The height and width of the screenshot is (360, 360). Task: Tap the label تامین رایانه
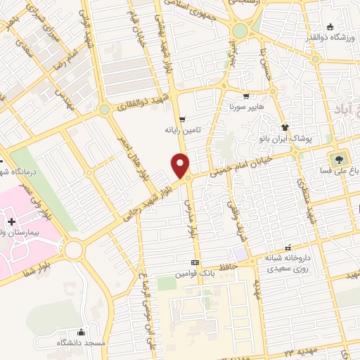click(x=183, y=130)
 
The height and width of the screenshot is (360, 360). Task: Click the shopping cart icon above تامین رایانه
click(x=182, y=120)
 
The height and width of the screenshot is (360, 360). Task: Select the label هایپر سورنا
click(x=245, y=108)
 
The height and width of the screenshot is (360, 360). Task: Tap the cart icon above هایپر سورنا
click(x=245, y=97)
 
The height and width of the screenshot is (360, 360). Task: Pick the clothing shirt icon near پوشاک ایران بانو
click(x=285, y=127)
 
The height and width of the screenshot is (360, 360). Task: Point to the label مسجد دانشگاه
click(x=81, y=342)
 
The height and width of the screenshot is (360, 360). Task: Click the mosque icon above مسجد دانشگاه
click(x=82, y=332)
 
